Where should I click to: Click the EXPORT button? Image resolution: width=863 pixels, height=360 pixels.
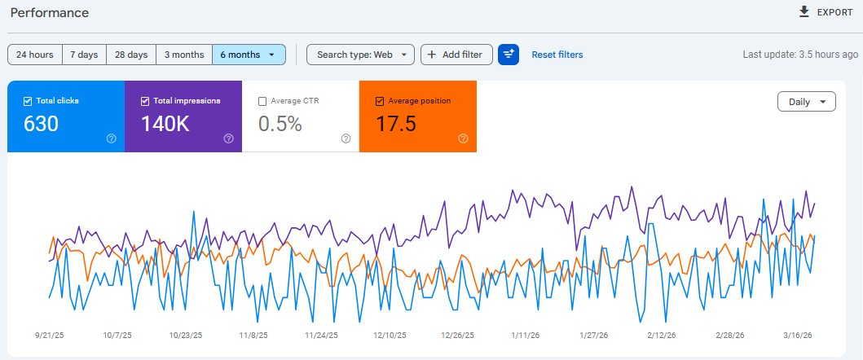[x=826, y=12]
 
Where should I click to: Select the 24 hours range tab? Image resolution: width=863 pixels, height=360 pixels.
[x=35, y=55]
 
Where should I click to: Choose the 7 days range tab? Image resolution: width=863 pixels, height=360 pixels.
[x=84, y=55]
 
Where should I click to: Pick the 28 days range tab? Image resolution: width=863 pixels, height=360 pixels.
[x=131, y=55]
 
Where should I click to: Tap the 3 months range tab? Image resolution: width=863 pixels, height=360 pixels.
[x=184, y=55]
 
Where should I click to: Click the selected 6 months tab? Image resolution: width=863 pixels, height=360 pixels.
[x=249, y=55]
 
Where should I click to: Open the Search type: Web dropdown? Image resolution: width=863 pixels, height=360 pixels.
[x=360, y=55]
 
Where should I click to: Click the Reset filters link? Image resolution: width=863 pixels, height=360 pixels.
[x=557, y=55]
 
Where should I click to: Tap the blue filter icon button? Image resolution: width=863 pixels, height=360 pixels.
[x=509, y=55]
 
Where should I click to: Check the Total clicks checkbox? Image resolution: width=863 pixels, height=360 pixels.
[x=28, y=101]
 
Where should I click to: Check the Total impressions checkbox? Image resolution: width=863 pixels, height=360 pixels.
[x=145, y=101]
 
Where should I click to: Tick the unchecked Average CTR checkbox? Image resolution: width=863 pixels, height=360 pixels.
[x=262, y=101]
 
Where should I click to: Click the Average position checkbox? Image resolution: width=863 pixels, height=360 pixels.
[x=380, y=101]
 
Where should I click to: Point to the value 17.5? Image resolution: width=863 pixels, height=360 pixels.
[x=396, y=124]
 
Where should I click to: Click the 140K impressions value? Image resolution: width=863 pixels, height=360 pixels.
[x=165, y=124]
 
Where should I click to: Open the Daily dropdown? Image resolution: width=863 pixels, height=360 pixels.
[x=807, y=102]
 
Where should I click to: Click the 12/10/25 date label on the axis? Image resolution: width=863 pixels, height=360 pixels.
[x=389, y=335]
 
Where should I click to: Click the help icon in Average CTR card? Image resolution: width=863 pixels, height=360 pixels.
[x=346, y=138]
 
